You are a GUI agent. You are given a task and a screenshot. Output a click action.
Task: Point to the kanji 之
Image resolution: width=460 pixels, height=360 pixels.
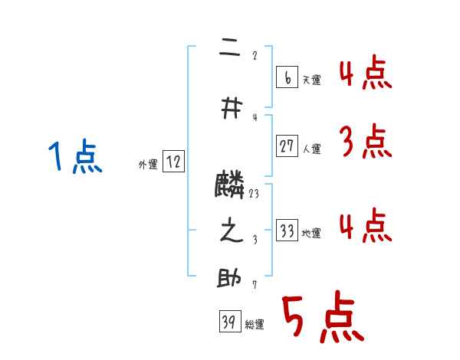(231, 232)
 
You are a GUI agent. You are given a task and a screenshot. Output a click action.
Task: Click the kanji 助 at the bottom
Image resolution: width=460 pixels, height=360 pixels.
(231, 279)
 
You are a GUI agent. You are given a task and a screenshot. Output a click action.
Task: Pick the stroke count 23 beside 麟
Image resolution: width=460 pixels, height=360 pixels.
(254, 194)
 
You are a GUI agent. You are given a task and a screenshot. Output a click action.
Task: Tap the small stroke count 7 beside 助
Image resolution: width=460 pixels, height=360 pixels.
(254, 285)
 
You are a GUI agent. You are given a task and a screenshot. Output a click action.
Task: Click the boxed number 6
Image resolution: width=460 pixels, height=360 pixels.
(286, 77)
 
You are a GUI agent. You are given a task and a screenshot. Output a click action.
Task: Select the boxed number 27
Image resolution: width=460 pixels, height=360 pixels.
(287, 146)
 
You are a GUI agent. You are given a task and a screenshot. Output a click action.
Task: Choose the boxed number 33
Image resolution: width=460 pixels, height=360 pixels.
(287, 231)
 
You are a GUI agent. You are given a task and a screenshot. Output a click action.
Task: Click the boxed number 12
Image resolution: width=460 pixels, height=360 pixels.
(173, 162)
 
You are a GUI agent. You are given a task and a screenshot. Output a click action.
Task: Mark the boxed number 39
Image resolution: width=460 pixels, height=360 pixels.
(229, 322)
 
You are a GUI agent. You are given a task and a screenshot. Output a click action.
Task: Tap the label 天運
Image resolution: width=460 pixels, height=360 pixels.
(311, 80)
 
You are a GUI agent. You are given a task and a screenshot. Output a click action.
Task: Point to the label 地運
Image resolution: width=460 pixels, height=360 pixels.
(311, 234)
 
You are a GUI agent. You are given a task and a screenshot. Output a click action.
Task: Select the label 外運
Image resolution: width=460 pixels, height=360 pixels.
(148, 165)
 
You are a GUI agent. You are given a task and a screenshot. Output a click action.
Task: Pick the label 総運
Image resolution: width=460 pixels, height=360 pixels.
(255, 325)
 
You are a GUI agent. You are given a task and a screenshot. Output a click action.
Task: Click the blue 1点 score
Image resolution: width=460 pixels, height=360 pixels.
(74, 159)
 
